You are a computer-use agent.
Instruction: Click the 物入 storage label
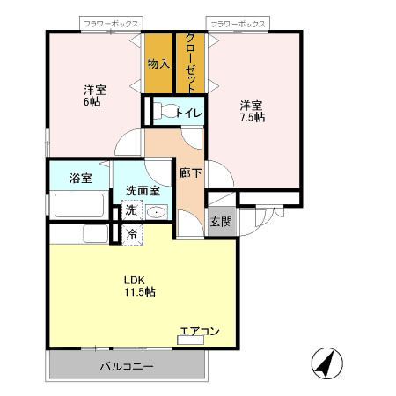click(159, 63)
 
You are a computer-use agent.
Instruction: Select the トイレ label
click(190, 112)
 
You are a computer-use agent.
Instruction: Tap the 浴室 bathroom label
click(81, 179)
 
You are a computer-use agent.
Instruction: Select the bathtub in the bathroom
click(80, 207)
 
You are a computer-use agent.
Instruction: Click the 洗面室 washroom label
click(142, 189)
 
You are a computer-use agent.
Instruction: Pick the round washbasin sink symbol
click(157, 211)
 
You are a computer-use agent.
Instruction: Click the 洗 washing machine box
click(130, 211)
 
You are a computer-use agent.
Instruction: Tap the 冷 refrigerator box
click(131, 234)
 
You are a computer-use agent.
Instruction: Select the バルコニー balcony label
click(126, 365)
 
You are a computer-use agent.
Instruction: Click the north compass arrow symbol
click(324, 363)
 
